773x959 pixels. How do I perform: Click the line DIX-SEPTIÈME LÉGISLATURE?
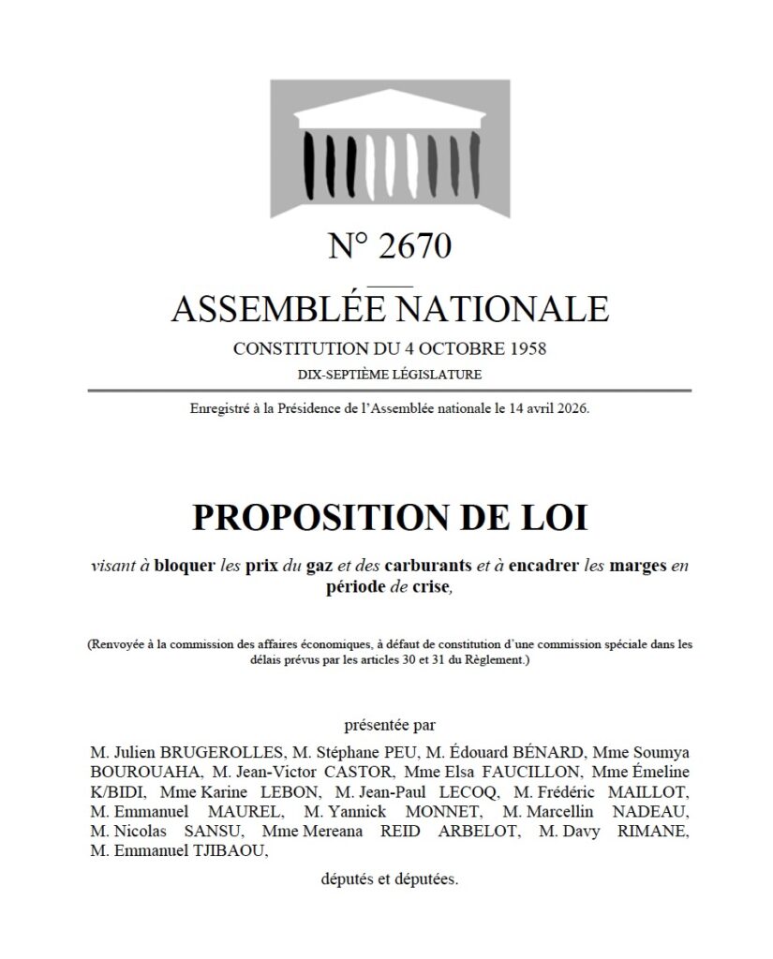(390, 375)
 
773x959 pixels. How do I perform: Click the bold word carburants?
(436, 566)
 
